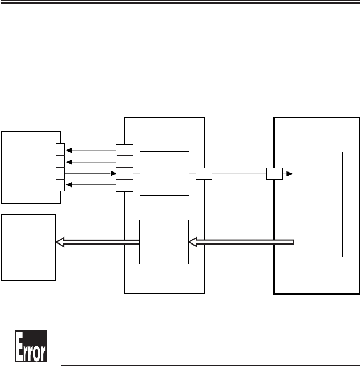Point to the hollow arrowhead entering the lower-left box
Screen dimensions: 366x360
(x=60, y=243)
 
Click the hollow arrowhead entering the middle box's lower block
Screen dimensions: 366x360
(x=193, y=243)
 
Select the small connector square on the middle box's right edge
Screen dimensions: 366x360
(x=204, y=174)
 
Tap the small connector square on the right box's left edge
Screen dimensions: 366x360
(x=274, y=174)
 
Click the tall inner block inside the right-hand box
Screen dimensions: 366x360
(x=319, y=204)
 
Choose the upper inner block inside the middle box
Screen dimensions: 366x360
(x=164, y=173)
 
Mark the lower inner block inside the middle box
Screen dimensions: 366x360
(x=164, y=242)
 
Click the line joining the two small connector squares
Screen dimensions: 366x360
(x=239, y=174)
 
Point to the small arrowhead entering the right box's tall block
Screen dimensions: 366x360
(x=291, y=174)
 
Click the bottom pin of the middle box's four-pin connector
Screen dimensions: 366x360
(x=125, y=185)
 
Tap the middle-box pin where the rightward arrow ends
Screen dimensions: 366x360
(x=125, y=174)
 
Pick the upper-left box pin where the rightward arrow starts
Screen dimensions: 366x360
(x=60, y=174)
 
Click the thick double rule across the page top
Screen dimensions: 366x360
(x=180, y=2)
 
